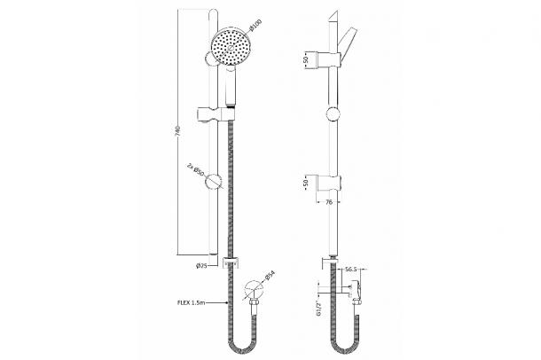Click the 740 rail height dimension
(178, 131)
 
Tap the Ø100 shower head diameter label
(255, 25)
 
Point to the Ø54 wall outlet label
(270, 276)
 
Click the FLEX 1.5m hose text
(192, 302)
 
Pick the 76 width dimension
(329, 202)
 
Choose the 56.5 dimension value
(350, 270)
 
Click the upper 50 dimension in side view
(306, 59)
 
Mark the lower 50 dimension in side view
(306, 184)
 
